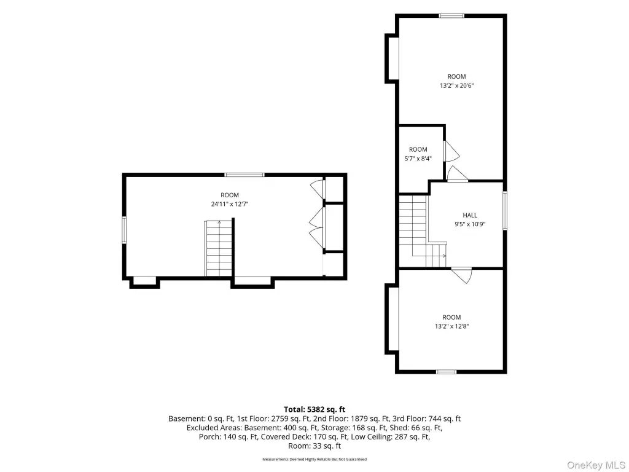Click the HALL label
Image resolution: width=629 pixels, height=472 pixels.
point(470,215)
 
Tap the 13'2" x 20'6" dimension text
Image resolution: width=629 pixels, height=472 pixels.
point(457,85)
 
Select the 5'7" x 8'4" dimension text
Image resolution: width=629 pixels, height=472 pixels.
point(418,159)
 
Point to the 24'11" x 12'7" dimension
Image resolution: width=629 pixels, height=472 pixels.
point(230,204)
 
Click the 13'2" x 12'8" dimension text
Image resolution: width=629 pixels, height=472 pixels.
point(451,326)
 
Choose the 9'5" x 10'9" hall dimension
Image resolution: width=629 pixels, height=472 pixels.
point(470,224)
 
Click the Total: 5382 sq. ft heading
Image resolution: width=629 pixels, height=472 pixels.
point(314,409)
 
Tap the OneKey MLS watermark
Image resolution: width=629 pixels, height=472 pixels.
point(596,465)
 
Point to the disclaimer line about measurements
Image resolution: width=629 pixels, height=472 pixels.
point(314,459)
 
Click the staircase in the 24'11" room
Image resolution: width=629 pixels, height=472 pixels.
point(219,248)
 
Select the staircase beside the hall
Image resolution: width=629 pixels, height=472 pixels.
point(421,231)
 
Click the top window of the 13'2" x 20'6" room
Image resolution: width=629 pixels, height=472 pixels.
point(451,16)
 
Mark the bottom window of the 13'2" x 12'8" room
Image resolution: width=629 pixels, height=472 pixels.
point(446,372)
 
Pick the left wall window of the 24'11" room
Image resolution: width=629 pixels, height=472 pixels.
point(124,230)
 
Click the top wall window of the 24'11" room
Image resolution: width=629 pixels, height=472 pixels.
point(244,175)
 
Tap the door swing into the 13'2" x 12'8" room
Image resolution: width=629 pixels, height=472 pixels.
point(462,275)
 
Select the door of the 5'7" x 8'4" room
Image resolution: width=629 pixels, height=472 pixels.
point(451,151)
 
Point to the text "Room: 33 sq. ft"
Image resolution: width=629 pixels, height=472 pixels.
point(314,446)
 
